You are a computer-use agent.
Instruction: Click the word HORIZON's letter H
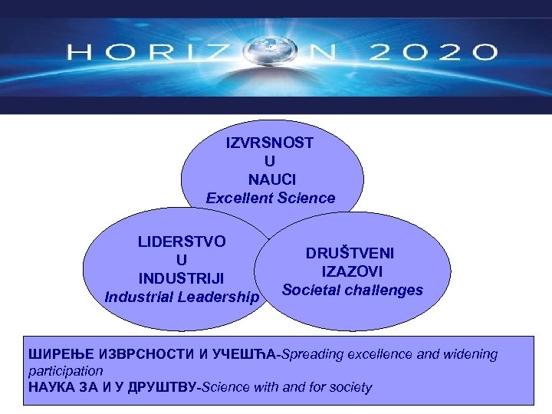coord(78,53)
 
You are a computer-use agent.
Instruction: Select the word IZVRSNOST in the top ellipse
coord(270,143)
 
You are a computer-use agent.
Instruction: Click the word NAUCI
coord(270,179)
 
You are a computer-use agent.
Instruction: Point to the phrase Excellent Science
coord(271,198)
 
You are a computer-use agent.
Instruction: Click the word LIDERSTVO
coord(182,242)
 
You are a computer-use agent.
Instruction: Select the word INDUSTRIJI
coord(182,278)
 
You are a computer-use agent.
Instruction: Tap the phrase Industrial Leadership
coord(182,296)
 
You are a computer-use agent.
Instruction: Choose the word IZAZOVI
coord(353,271)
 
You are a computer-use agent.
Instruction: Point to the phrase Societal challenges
coord(353,290)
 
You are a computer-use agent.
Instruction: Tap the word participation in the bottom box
coord(65,370)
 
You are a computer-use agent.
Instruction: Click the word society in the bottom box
coord(348,387)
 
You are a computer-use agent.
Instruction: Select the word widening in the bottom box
coord(469,354)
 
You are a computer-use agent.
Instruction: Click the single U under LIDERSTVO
coord(182,260)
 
